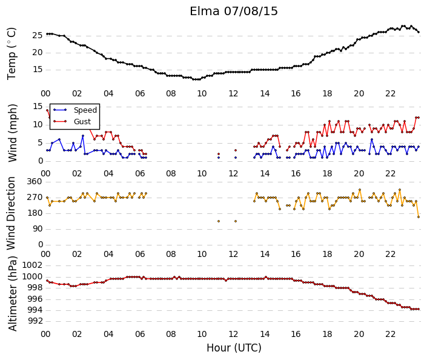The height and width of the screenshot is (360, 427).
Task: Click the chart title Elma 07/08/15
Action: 234,12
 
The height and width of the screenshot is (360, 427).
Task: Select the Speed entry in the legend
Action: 85,110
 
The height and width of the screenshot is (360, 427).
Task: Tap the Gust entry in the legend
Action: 82,122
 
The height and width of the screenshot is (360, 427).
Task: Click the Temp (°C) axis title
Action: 12,54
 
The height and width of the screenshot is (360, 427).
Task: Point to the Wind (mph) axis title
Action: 13,133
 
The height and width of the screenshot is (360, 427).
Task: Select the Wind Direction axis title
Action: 11,213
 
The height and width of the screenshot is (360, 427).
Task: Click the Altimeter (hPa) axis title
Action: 13,293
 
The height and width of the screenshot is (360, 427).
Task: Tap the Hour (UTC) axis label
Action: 234,348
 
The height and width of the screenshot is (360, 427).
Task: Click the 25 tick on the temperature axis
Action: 38,35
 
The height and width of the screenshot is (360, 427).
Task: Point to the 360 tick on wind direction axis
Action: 35,182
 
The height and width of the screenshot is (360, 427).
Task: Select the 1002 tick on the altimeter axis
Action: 33,265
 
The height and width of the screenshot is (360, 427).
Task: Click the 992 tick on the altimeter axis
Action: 35,321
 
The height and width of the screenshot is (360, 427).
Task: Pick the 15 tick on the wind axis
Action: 38,106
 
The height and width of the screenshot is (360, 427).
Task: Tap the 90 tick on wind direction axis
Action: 38,228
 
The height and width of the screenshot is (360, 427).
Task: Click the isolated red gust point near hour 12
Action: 236,150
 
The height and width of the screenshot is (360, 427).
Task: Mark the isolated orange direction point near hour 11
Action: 219,221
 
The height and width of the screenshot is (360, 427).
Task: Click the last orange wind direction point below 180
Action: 419,217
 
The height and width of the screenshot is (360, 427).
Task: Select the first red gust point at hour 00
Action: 47,110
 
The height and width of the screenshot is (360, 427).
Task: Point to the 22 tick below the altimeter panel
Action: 390,334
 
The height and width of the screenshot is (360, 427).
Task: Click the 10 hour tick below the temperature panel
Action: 202,94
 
